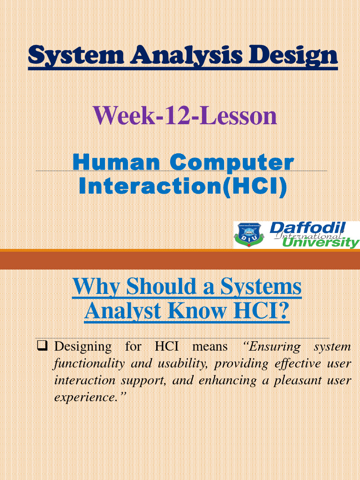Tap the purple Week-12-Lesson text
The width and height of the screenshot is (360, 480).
[185, 115]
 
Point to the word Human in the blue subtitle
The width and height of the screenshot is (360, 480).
[116, 163]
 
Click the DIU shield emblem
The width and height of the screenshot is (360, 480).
[251, 234]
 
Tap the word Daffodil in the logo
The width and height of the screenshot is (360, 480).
[307, 228]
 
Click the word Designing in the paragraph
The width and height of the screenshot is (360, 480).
[83, 347]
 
